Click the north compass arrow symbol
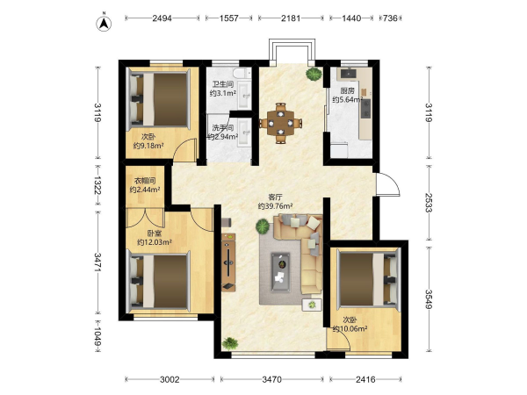[x=105, y=24]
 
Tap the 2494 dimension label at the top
[x=162, y=18]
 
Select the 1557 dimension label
[x=229, y=18]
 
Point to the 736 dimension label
[x=390, y=18]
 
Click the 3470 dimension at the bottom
[x=272, y=379]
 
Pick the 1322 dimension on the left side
[x=97, y=185]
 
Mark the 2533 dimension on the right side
[x=429, y=203]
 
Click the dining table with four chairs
[x=280, y=123]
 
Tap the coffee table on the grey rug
[x=281, y=272]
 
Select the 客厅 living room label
[x=275, y=197]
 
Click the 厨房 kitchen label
[x=347, y=90]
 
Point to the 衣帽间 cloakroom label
[x=145, y=181]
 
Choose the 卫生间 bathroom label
[x=223, y=84]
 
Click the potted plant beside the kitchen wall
[x=314, y=74]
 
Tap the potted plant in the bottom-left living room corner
[x=230, y=343]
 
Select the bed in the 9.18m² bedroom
[x=158, y=98]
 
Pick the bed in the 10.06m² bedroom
[x=369, y=279]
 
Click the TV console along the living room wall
[x=228, y=262]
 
